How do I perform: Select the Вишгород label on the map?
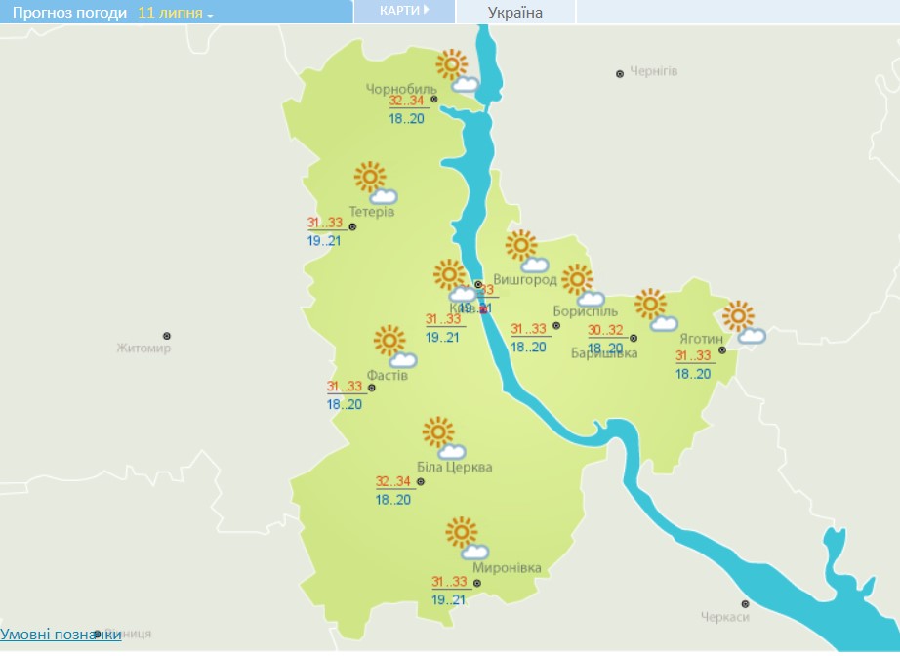click(x=524, y=280)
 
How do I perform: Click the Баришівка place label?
click(x=604, y=352)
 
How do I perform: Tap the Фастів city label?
click(x=387, y=374)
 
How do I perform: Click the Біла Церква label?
click(x=454, y=467)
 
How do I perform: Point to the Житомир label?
click(x=143, y=348)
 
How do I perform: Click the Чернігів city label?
click(x=653, y=72)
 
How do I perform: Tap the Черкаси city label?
click(x=724, y=617)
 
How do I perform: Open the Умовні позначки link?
click(x=61, y=635)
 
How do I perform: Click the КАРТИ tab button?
click(x=404, y=12)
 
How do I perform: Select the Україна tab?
click(x=514, y=13)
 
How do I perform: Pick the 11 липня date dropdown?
click(x=176, y=13)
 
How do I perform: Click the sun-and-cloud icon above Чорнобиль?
click(x=457, y=71)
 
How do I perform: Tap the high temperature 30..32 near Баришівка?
click(x=605, y=330)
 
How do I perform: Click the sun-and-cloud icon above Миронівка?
click(x=466, y=539)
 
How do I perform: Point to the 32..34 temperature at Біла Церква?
click(x=393, y=482)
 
